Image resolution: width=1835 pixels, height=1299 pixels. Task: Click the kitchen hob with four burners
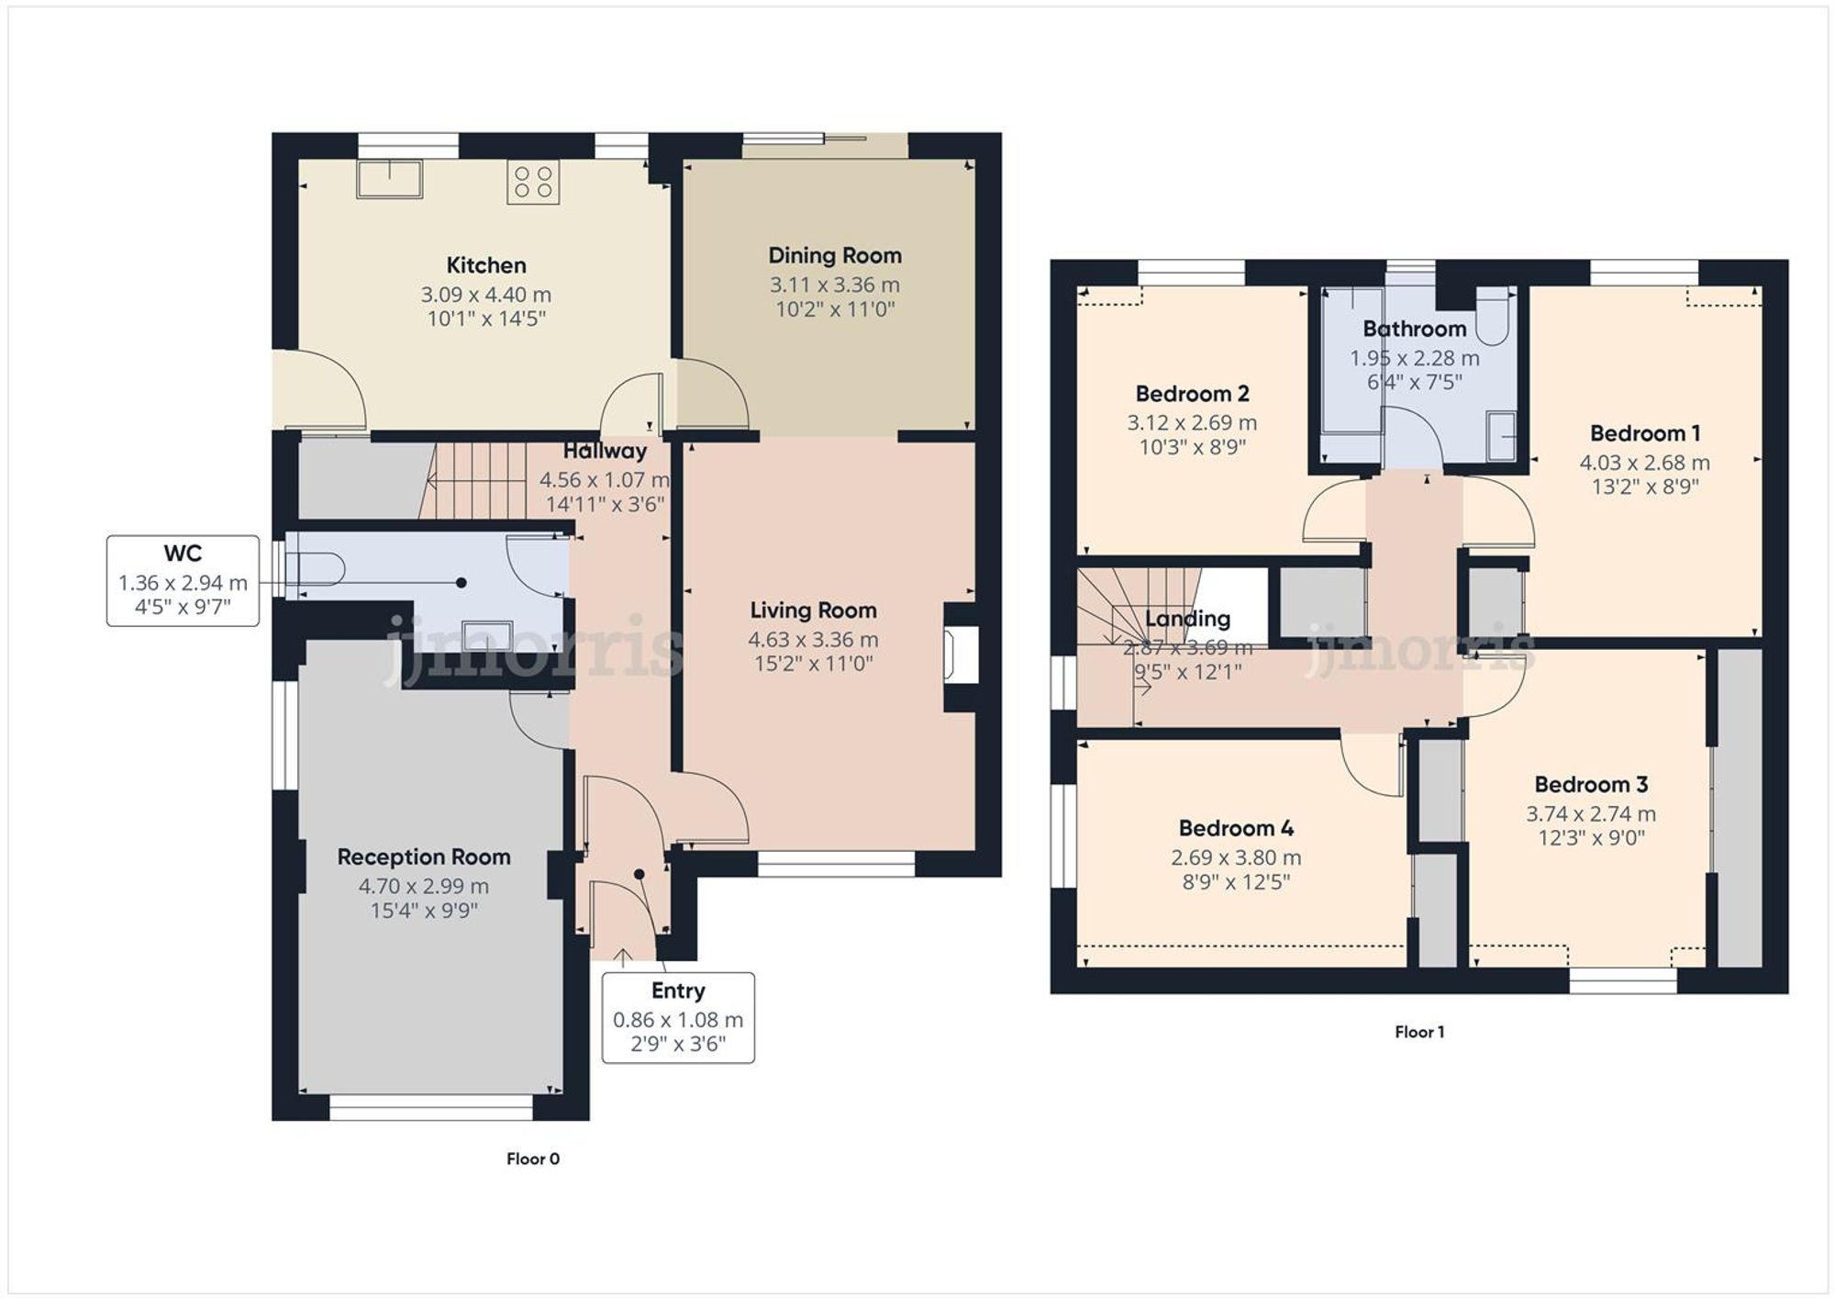(533, 181)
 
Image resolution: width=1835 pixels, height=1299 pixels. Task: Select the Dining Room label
(834, 255)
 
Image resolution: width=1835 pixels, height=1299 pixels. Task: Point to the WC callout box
(183, 580)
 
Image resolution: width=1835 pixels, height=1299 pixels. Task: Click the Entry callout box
(678, 1017)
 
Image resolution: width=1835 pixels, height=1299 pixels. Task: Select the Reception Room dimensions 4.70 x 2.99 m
(423, 886)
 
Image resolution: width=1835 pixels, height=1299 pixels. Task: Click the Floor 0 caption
(532, 1159)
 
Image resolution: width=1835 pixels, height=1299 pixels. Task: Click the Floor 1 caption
(1418, 1032)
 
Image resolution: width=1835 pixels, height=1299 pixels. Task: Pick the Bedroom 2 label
(1192, 394)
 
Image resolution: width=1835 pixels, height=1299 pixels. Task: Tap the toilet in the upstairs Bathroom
(1493, 317)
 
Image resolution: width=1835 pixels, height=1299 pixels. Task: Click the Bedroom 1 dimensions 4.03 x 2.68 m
(1644, 463)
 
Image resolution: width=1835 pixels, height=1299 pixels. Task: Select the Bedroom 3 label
(1590, 785)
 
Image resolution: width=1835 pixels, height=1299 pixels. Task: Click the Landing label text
(1187, 619)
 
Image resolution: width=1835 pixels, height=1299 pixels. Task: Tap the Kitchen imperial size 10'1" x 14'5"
(486, 319)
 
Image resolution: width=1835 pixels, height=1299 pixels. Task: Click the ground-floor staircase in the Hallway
(477, 480)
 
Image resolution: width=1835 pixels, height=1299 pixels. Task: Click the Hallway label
(604, 451)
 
